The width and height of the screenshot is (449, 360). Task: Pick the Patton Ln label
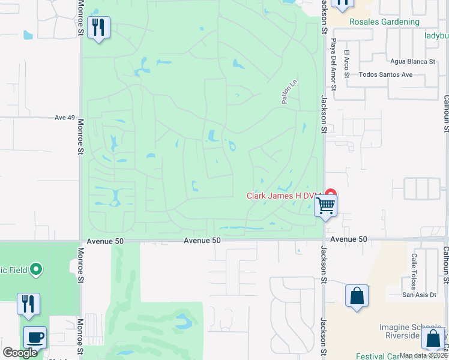click(x=288, y=93)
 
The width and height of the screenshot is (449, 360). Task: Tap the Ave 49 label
click(x=64, y=118)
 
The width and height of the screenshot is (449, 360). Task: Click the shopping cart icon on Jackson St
click(x=325, y=206)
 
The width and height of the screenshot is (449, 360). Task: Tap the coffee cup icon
click(x=34, y=338)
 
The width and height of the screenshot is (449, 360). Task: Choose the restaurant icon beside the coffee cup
click(x=28, y=304)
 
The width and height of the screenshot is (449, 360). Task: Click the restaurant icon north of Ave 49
click(x=98, y=28)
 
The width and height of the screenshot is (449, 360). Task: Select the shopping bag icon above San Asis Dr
click(x=357, y=296)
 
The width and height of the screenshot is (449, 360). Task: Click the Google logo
click(x=20, y=353)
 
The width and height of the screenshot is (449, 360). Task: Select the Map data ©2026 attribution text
click(x=423, y=355)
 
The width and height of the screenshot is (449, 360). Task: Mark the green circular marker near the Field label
click(x=36, y=269)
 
